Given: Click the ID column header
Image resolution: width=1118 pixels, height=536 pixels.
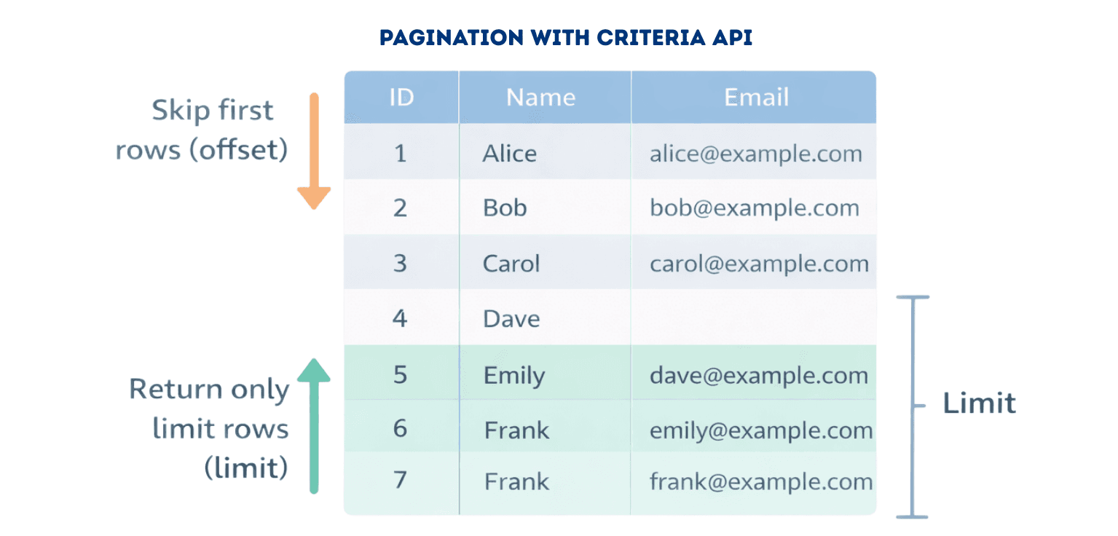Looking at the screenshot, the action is click(402, 97).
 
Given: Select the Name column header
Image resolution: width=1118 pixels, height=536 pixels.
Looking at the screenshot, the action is click(540, 97).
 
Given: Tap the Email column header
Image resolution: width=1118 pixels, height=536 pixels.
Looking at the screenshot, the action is click(756, 97).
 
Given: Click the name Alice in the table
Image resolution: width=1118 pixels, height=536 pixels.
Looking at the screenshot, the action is click(509, 153).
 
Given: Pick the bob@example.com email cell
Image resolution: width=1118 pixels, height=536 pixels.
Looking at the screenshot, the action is click(754, 208).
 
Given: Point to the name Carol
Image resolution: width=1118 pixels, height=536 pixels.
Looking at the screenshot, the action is click(511, 263).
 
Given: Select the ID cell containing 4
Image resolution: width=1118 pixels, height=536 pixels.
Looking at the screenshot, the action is click(400, 318).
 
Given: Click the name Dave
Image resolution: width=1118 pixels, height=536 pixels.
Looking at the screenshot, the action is click(511, 318).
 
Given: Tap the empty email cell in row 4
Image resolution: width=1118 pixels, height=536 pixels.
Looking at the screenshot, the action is click(753, 318).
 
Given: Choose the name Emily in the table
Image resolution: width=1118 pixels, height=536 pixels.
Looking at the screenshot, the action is click(514, 375).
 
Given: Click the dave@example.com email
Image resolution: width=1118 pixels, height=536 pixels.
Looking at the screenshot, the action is click(759, 375).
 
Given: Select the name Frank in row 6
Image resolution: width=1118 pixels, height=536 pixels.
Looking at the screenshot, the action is click(516, 430).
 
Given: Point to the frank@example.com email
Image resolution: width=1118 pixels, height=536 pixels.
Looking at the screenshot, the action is click(760, 481).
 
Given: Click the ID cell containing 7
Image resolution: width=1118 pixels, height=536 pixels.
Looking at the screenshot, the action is click(400, 480).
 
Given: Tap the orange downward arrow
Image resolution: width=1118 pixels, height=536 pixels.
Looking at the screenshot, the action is click(314, 151).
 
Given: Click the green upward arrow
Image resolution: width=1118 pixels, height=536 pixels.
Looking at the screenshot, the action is click(314, 426).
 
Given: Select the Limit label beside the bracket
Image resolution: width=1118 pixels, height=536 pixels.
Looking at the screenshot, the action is click(979, 403).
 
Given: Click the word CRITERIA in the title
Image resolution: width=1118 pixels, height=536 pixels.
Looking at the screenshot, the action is click(651, 37).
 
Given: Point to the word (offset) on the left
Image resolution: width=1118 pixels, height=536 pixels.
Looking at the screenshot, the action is click(239, 150).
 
